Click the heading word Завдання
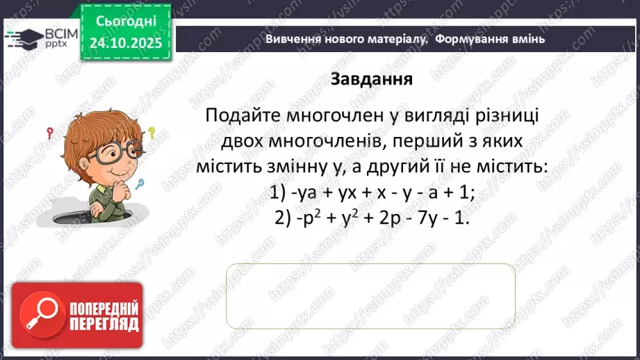[x=372, y=79]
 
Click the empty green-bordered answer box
[x=370, y=296]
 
